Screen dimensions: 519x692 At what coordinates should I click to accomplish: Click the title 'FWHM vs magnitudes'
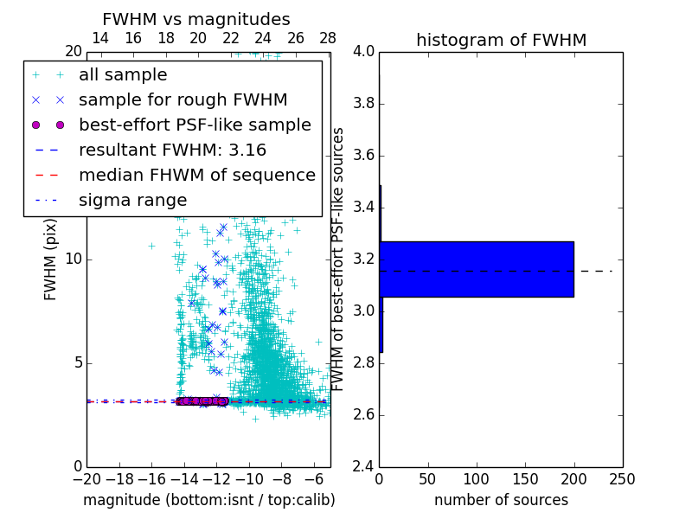click(196, 19)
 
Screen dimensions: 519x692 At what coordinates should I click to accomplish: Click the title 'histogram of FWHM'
click(501, 40)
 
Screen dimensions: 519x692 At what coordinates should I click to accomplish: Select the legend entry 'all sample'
click(123, 75)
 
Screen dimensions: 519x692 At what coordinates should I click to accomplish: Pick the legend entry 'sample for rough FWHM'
click(183, 99)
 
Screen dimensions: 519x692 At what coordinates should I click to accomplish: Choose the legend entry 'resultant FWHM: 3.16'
click(172, 150)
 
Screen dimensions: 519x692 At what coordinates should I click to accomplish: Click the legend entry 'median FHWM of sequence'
click(197, 175)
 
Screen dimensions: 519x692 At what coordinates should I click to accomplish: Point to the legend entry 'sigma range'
click(132, 200)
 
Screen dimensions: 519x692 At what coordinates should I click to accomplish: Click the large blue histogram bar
click(477, 269)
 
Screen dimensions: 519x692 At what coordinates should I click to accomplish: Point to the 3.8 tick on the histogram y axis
click(363, 103)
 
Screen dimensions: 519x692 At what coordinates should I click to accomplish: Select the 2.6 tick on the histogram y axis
click(363, 414)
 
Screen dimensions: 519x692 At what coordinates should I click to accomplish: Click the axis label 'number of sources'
click(501, 500)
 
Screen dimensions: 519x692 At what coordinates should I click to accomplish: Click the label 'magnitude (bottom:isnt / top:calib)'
click(208, 500)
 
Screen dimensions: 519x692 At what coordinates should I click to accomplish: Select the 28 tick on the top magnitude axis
click(328, 39)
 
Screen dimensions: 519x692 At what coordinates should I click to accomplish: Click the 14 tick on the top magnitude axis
click(100, 39)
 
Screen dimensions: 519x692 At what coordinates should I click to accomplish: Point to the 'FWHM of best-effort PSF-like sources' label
click(339, 259)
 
